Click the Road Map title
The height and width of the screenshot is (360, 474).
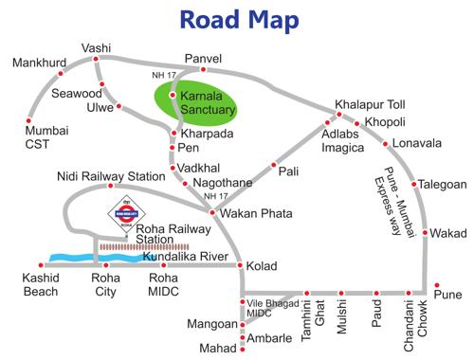(x=236, y=20)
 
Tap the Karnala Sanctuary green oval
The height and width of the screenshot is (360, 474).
(x=197, y=105)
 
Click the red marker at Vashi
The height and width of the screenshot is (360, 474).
(x=97, y=60)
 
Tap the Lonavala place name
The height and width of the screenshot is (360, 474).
(x=418, y=143)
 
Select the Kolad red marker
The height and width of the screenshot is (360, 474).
(x=240, y=266)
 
